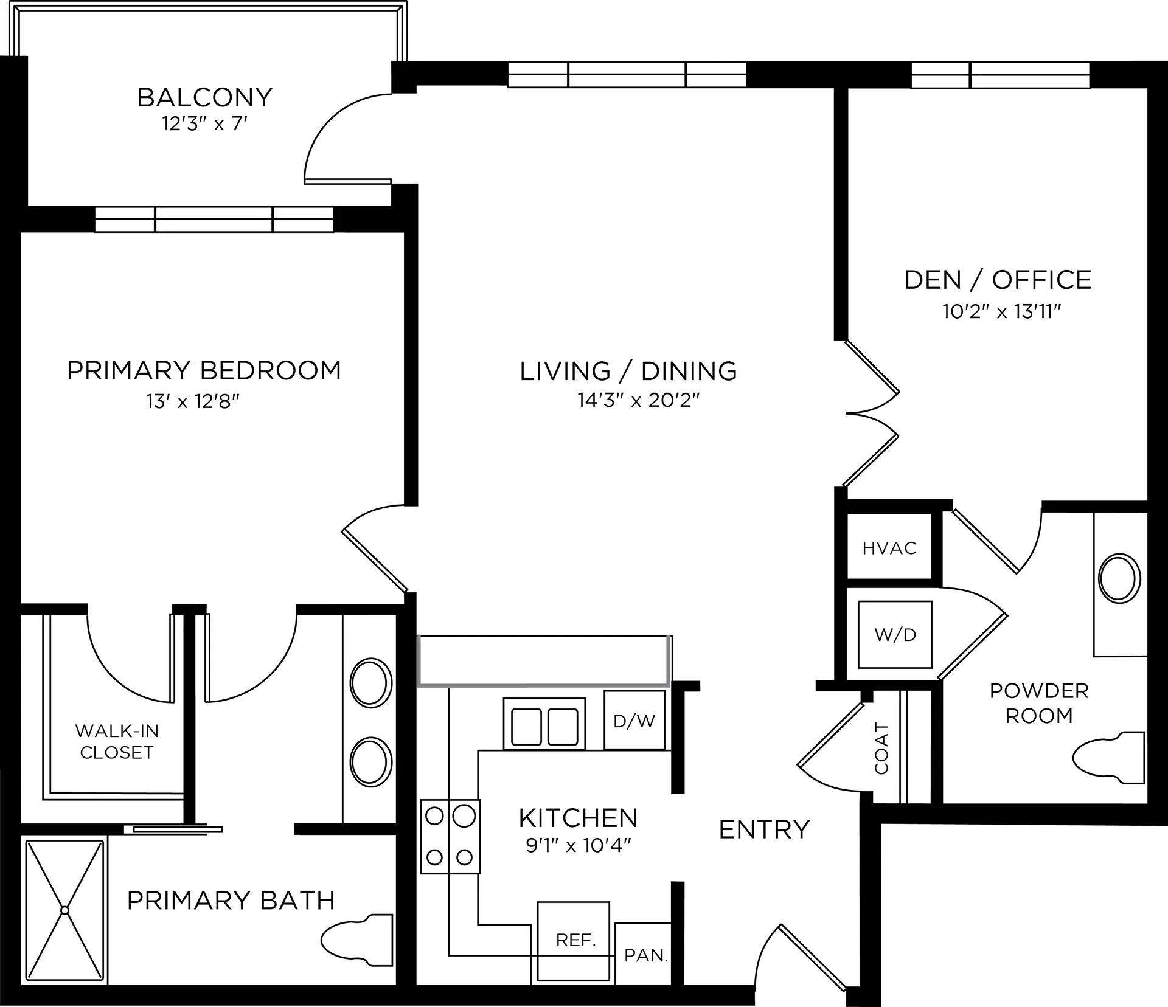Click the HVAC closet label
tap(889, 548)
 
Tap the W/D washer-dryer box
tap(895, 634)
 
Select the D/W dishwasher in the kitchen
tap(634, 720)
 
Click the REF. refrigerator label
tap(575, 941)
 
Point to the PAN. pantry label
tap(646, 955)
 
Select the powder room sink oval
tap(1119, 578)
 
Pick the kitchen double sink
tap(544, 724)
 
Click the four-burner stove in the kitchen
tap(450, 837)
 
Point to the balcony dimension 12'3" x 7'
tap(205, 124)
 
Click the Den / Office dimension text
tap(1002, 312)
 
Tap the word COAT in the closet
tap(881, 748)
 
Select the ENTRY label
tap(765, 829)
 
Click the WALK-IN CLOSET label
tap(117, 742)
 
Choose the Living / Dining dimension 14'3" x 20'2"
tap(639, 400)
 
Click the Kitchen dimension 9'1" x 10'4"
tap(579, 845)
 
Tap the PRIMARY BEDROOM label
tap(204, 370)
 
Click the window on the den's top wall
tap(1000, 75)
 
